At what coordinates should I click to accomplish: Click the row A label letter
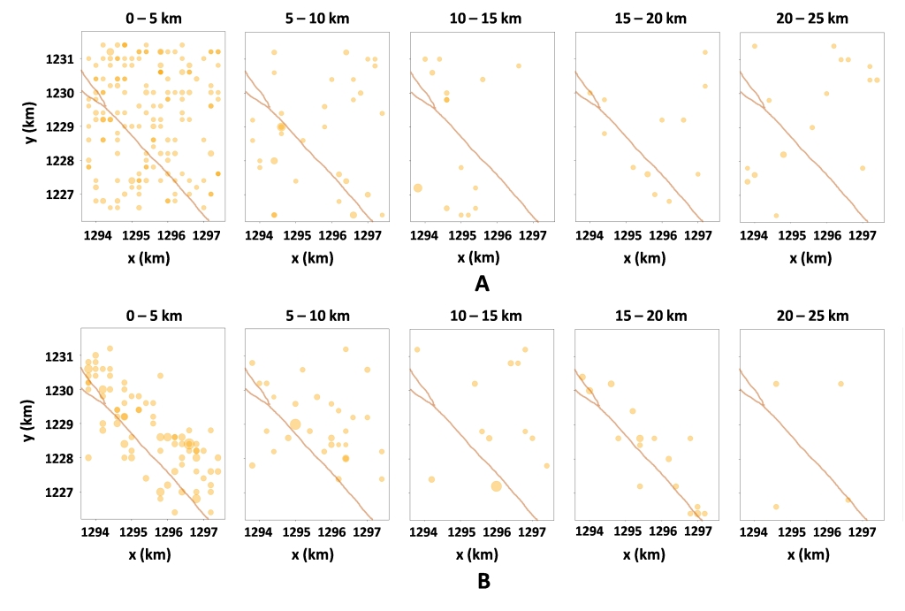click(x=482, y=284)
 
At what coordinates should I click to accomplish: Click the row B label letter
click(x=482, y=582)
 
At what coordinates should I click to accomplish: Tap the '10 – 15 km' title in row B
click(x=481, y=316)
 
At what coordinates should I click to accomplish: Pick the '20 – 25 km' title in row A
click(x=810, y=18)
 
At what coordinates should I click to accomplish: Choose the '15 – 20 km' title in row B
click(x=645, y=316)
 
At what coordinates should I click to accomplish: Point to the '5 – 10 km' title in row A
click(x=316, y=18)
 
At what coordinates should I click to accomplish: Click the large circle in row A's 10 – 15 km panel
click(x=417, y=187)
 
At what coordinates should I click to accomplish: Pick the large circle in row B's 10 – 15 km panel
click(x=496, y=486)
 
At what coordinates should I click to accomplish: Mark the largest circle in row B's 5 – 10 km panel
click(x=295, y=424)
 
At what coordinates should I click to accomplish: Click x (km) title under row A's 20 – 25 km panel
click(x=810, y=258)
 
